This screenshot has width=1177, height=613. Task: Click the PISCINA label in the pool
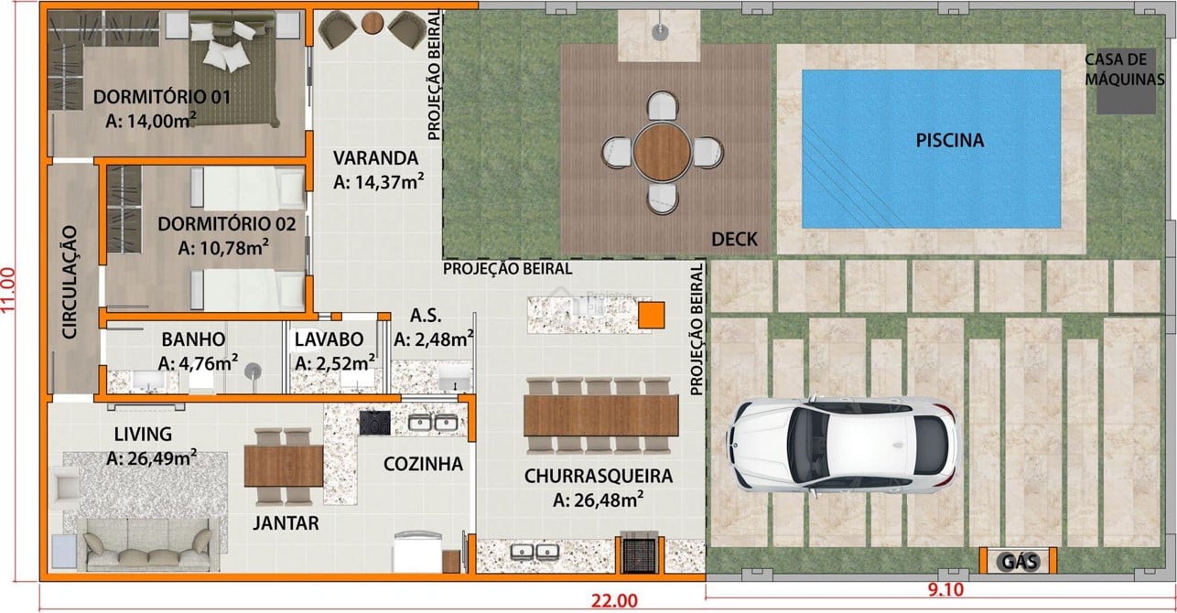coord(949,140)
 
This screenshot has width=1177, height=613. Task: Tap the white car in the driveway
coord(843,445)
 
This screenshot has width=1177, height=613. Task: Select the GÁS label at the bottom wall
coord(1020,562)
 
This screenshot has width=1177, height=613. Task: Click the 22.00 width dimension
coord(614,600)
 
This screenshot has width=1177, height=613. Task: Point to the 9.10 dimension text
coord(945,589)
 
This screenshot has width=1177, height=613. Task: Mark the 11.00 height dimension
coord(9,290)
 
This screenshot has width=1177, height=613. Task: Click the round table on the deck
coord(662,152)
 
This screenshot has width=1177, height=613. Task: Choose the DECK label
coord(734,240)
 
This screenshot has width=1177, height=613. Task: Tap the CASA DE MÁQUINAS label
coord(1125,70)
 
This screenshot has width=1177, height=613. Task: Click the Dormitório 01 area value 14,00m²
coord(151,121)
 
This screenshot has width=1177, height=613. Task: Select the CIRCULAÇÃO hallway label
coord(70,282)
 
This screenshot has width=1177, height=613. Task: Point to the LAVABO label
coord(329,339)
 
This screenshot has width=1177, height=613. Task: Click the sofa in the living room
coord(148,545)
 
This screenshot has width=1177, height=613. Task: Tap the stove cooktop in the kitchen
coord(375,423)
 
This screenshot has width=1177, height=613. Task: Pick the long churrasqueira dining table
coord(601,415)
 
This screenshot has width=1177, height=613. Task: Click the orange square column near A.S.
coord(652,315)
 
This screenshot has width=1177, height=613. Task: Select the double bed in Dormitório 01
coord(232,70)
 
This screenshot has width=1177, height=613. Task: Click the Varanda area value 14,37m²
coord(379,182)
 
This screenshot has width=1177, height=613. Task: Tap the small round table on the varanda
coord(372,23)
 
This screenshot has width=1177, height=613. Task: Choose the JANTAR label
coord(286,523)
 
